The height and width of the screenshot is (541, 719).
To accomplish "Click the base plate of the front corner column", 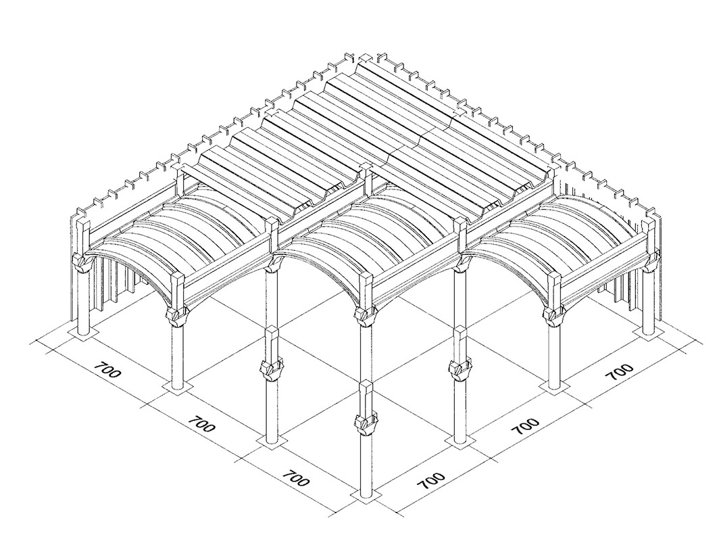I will click(365, 498).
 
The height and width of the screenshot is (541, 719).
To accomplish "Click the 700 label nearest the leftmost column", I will click(105, 373).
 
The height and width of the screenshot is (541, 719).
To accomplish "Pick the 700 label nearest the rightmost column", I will click(620, 373).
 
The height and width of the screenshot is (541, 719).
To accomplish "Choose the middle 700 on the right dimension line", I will click(525, 426).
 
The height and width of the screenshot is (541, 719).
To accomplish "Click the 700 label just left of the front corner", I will click(295, 478).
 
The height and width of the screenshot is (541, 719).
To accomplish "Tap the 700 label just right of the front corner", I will click(430, 480).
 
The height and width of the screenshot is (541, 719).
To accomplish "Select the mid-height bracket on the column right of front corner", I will click(460, 369).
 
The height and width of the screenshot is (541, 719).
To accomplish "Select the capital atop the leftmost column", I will click(82, 261).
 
